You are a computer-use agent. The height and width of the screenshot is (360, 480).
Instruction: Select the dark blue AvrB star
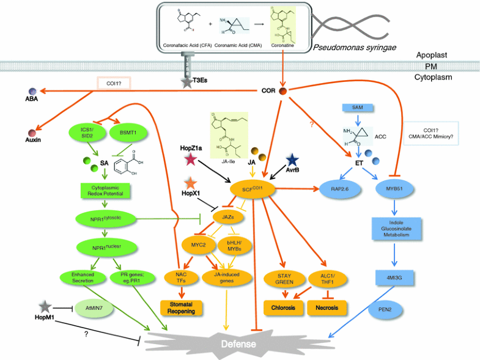(x=292, y=160)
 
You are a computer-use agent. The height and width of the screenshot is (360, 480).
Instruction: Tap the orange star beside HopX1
(x=191, y=183)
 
